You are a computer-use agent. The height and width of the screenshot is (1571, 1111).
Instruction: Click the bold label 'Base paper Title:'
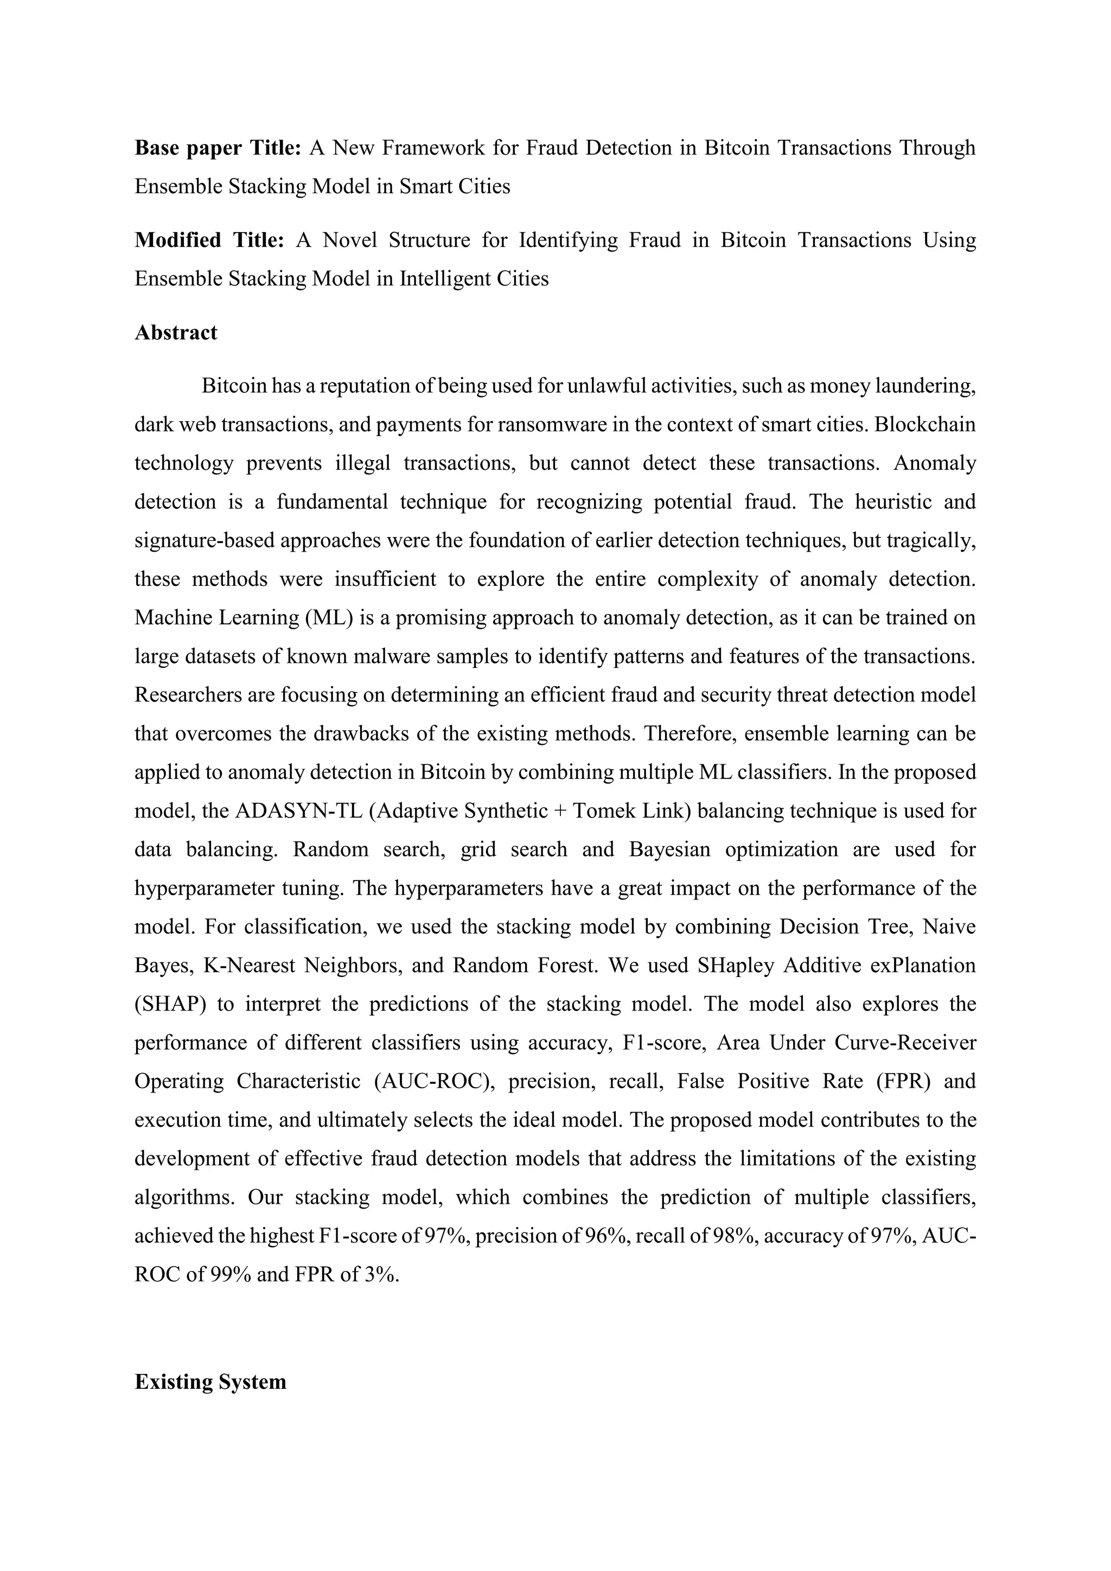[218, 148]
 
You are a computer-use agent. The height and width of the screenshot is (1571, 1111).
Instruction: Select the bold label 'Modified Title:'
[209, 240]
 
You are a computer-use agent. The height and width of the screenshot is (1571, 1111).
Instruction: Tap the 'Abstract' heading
[176, 333]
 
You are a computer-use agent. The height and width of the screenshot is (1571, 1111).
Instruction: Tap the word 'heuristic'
[891, 502]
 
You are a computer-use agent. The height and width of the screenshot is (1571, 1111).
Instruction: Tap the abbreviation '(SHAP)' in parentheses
[169, 1005]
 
